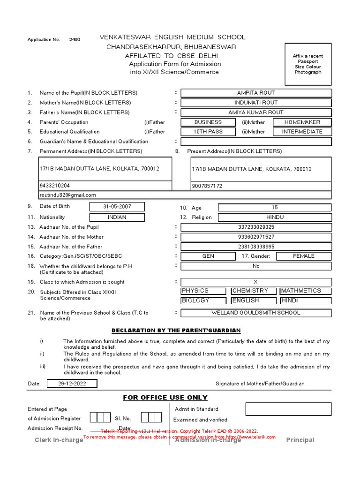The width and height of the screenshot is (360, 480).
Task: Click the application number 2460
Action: click(x=75, y=40)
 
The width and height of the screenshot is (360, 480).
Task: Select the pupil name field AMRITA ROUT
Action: click(x=256, y=93)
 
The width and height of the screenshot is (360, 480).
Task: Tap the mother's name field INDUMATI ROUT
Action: click(x=256, y=103)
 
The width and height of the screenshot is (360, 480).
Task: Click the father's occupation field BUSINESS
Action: click(x=208, y=122)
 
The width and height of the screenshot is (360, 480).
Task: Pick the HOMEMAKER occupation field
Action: click(x=302, y=122)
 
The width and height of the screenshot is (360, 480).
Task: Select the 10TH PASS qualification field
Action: click(x=208, y=132)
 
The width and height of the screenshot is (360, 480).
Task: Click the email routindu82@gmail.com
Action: click(x=68, y=195)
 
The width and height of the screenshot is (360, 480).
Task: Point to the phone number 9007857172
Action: click(x=207, y=186)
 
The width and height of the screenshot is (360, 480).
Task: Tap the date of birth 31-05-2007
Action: click(x=117, y=207)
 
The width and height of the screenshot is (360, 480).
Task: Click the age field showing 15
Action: click(x=274, y=207)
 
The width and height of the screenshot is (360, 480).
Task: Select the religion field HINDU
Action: click(x=274, y=217)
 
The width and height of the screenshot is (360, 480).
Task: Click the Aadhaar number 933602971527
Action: click(x=256, y=237)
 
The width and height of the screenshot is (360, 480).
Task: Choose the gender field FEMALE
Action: click(x=303, y=256)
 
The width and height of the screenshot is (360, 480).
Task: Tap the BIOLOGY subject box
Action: click(x=203, y=301)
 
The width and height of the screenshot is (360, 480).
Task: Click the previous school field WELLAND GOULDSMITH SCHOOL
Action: click(x=256, y=313)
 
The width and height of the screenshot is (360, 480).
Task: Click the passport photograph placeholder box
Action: click(x=307, y=64)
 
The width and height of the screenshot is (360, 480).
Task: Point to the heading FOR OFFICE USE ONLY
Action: click(x=165, y=397)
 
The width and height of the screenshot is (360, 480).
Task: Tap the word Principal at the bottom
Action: click(x=300, y=440)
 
